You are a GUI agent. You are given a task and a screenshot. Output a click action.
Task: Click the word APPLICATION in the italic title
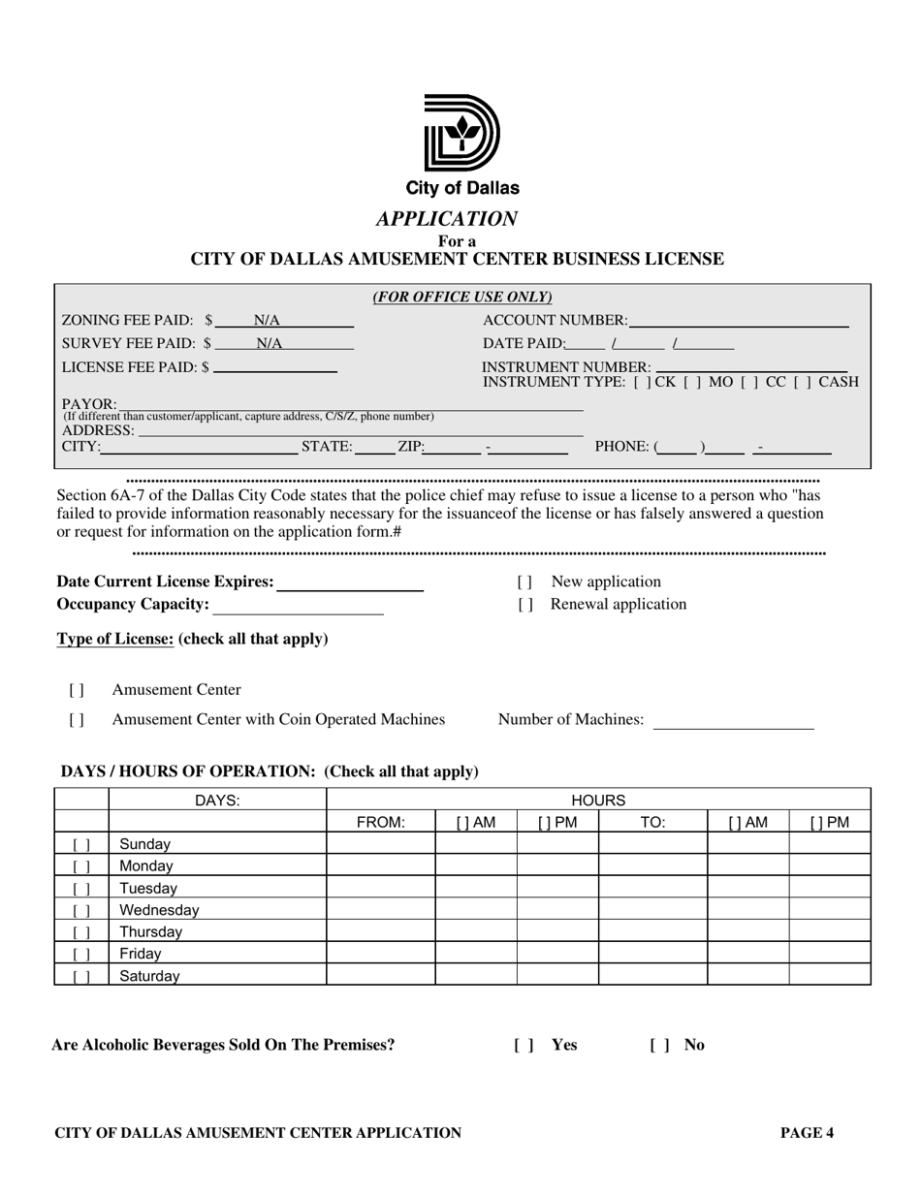[448, 218]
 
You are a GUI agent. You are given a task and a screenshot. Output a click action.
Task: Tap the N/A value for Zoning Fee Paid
[267, 320]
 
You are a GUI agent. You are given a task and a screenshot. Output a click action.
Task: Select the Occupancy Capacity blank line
[299, 607]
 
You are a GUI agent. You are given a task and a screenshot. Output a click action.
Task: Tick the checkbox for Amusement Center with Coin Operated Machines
[77, 720]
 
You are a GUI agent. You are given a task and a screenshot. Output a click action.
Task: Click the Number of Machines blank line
[734, 720]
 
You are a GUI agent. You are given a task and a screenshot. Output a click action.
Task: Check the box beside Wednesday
[81, 911]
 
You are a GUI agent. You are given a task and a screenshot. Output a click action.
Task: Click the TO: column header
[653, 823]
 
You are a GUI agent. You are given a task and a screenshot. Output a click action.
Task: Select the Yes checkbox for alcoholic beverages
[524, 1045]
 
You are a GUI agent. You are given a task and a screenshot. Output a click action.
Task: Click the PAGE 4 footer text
[808, 1132]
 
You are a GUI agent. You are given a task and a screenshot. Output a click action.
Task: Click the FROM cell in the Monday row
[381, 866]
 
